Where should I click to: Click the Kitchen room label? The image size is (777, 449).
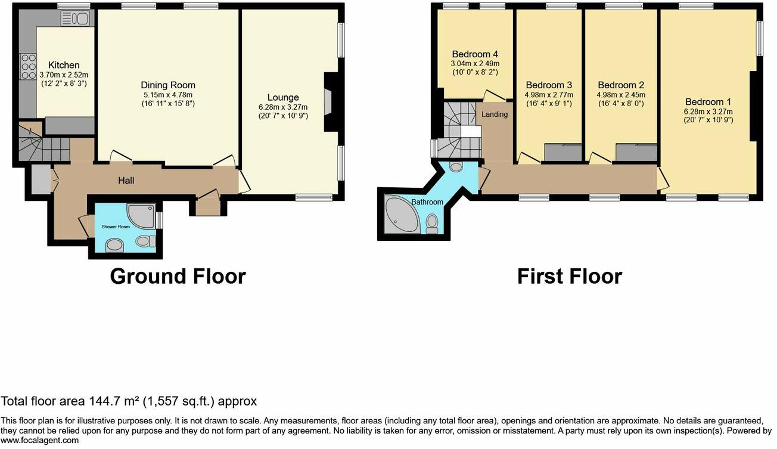64,65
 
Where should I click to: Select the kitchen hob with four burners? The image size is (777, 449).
28,67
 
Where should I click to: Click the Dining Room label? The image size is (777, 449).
168,85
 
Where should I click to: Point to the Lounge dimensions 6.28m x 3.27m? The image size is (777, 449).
283,107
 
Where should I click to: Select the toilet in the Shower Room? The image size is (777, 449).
145,241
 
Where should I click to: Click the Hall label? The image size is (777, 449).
126,179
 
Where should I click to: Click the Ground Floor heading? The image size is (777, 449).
178,277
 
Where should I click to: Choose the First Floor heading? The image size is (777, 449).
569,277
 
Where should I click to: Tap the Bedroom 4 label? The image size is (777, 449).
474,54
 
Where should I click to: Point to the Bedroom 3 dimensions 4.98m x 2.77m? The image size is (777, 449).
549,94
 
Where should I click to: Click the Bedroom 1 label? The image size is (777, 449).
708,101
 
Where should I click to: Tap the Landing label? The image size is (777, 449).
495,114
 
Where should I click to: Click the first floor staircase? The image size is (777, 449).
460,128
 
